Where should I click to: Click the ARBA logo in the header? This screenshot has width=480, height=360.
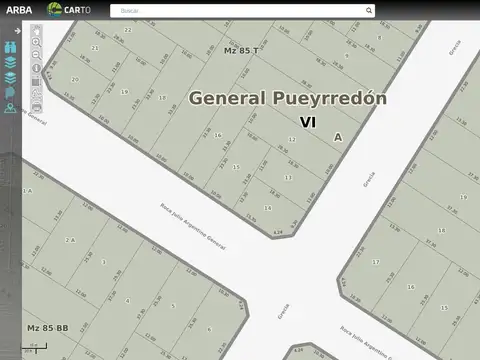18,10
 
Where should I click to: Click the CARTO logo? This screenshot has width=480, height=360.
72,10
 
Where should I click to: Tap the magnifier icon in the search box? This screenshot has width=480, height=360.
369,11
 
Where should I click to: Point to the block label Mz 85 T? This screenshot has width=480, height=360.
241,50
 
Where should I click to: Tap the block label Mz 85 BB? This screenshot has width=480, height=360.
47,328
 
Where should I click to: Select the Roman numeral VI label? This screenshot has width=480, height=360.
308,121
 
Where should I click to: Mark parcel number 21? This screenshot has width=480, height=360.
95,47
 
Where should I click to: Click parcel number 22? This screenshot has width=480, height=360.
128,30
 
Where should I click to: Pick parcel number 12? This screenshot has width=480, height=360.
291,139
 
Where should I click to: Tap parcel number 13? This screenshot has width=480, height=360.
288,177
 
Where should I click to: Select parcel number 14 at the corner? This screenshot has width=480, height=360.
268,208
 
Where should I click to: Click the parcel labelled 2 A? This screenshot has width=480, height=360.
70,240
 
